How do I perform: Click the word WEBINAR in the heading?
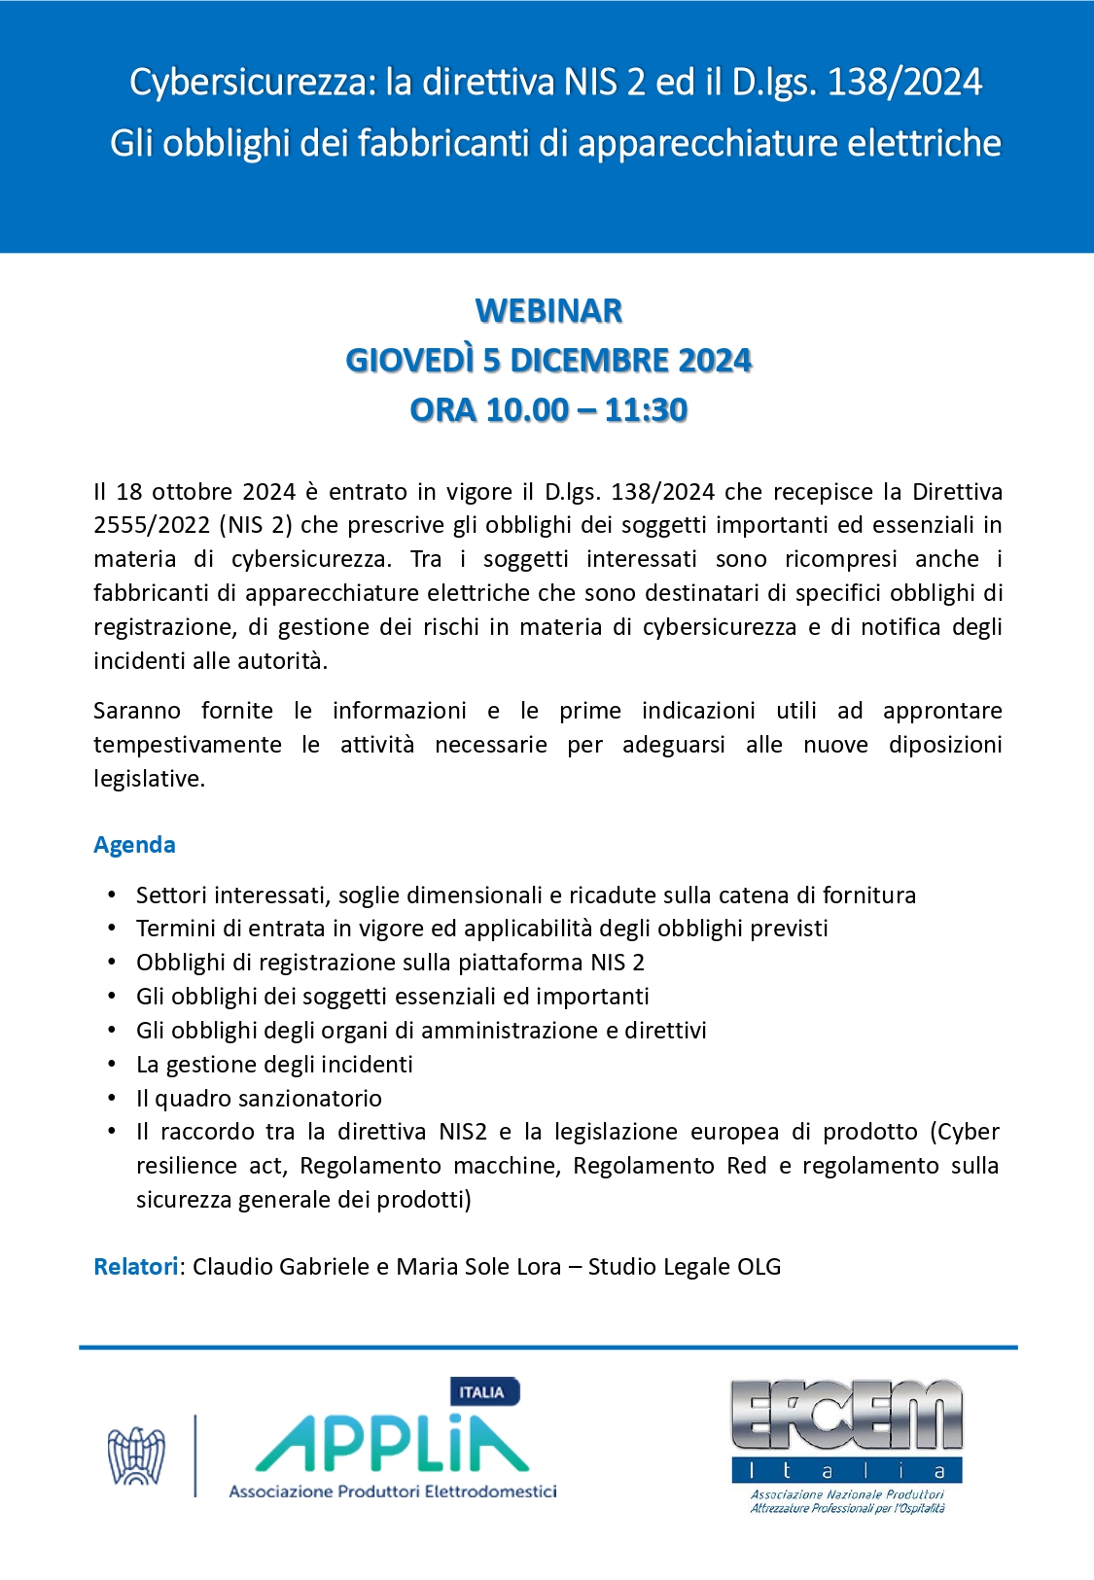tap(548, 311)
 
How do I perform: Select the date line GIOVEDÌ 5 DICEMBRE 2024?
tap(548, 361)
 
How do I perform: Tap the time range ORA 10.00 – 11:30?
tap(548, 410)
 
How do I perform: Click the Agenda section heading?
tap(134, 845)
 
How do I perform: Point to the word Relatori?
tap(136, 1267)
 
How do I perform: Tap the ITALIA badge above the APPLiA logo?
tap(483, 1392)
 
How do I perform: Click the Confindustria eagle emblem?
tap(136, 1456)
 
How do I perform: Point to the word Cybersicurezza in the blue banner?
tap(252, 83)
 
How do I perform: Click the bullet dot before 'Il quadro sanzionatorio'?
tap(113, 1098)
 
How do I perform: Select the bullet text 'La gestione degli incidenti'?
tap(274, 1065)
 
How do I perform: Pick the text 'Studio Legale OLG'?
tap(685, 1267)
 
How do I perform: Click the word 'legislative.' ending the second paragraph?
tap(149, 779)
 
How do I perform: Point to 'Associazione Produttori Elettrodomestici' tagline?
tap(393, 1492)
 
